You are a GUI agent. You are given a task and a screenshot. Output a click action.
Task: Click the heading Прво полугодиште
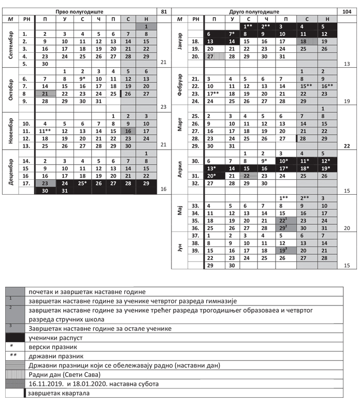click(85, 11)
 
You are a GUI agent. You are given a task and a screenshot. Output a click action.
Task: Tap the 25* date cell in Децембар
click(82, 183)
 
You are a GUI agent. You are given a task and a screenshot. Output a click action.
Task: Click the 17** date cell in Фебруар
click(213, 94)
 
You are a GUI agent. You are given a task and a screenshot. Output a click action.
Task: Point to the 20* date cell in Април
click(213, 176)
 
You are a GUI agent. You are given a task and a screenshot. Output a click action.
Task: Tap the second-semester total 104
click(347, 11)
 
